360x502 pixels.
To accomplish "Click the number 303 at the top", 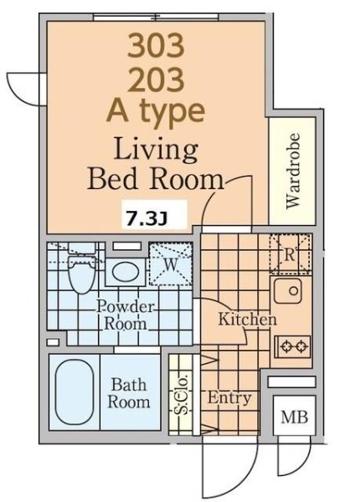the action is (x=156, y=46).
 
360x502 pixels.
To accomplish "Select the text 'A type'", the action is (x=156, y=112).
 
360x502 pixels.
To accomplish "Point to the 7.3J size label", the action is (x=147, y=219).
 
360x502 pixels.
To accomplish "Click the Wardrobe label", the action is (x=293, y=171).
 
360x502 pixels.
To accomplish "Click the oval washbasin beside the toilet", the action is (x=126, y=272).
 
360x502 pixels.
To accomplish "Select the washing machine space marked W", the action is (x=171, y=264).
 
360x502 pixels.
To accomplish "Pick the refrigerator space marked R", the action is (x=290, y=254).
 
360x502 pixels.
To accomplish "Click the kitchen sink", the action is (x=288, y=290).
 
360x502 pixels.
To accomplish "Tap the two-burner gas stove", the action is (x=292, y=346).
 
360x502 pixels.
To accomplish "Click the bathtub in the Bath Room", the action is (x=75, y=392).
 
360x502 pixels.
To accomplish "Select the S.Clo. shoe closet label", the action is (x=181, y=395).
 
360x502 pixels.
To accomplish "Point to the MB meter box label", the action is (x=295, y=417).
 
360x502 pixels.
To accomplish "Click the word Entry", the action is (x=229, y=398).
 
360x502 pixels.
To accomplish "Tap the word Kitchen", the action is (x=247, y=320).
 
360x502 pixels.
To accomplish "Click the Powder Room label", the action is (x=126, y=315).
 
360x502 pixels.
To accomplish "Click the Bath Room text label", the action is (x=129, y=393).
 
